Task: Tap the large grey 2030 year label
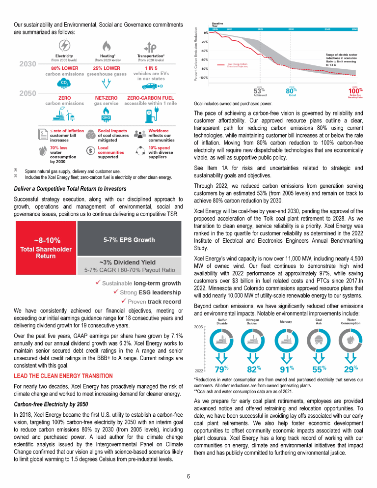point(27,64)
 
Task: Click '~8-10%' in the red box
point(48,240)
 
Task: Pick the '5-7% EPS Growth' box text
point(129,240)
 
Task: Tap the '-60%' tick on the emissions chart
point(204,59)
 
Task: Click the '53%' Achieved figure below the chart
point(259,90)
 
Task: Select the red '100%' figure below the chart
point(355,90)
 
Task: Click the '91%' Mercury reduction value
point(287,369)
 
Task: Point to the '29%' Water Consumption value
point(350,369)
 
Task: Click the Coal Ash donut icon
point(318,341)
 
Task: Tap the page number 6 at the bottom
point(188,476)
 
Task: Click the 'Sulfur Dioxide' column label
point(222,322)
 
